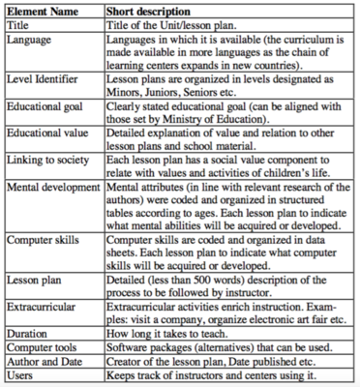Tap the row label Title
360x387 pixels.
coord(20,26)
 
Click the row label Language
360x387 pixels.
coord(31,42)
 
